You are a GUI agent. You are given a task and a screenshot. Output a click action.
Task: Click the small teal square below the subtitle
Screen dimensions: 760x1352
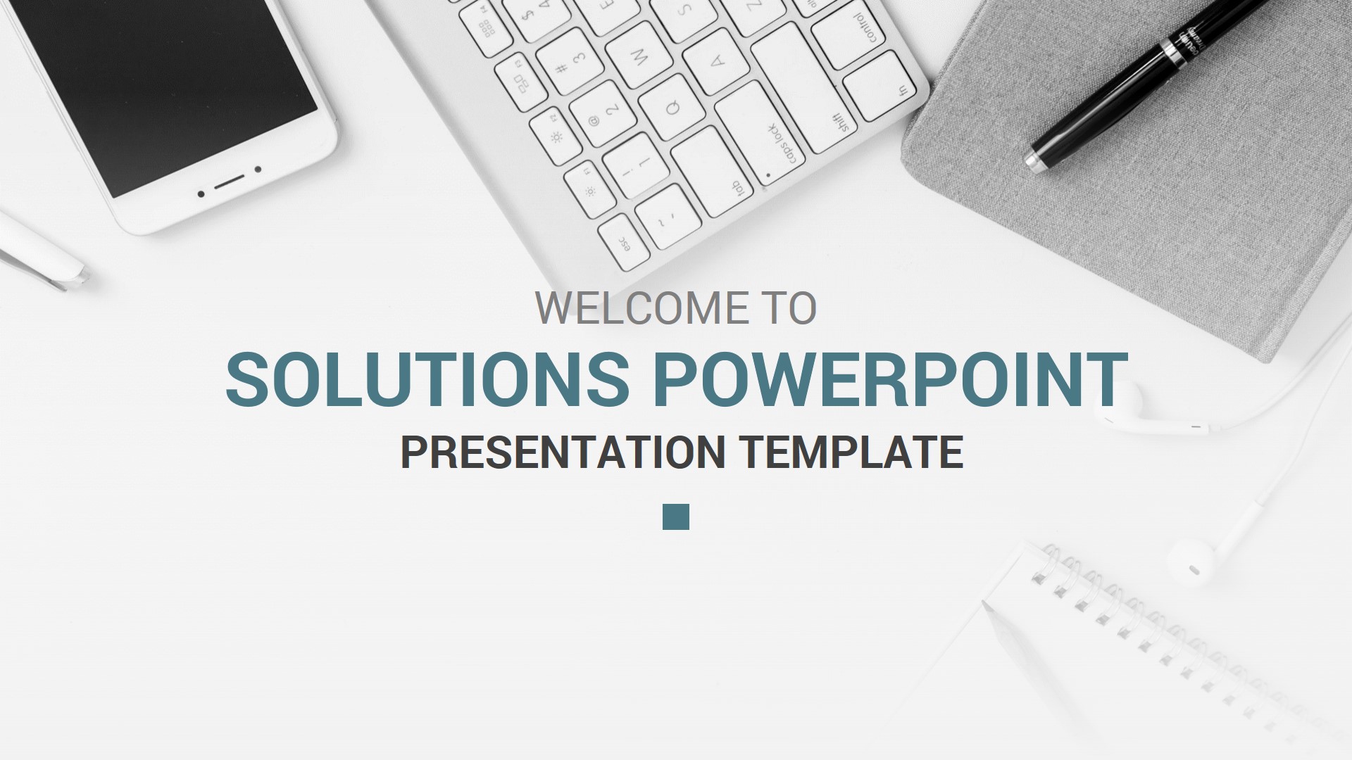coord(676,517)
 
